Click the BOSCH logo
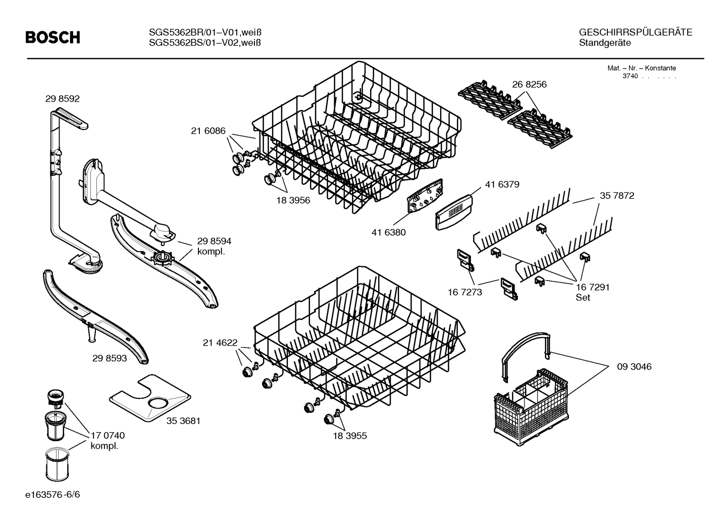coord(53,37)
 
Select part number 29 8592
coord(62,99)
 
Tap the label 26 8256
coord(529,84)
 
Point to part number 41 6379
coord(502,184)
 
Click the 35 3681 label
coord(183,420)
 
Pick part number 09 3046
coord(634,366)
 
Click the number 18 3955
coord(349,436)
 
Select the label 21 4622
coord(220,343)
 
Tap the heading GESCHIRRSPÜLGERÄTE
coord(635,32)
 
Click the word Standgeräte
coord(605,43)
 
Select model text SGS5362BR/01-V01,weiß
coord(205,32)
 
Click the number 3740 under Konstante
coord(630,76)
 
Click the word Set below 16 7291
coord(583,298)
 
